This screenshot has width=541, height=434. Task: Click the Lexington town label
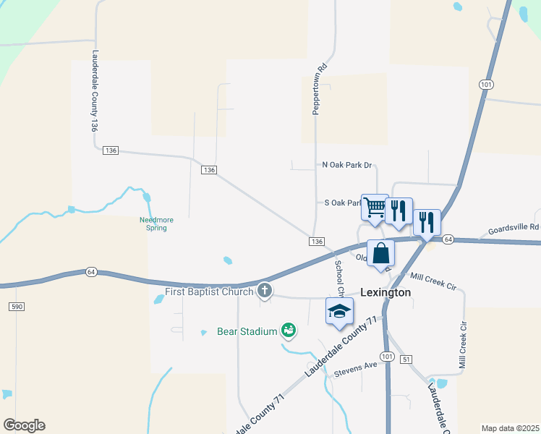(x=385, y=292)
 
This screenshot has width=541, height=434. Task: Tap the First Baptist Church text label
(x=209, y=292)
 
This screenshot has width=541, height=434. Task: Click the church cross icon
(x=265, y=292)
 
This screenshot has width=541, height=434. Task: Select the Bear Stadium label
(x=247, y=331)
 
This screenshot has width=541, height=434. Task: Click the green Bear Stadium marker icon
(x=289, y=331)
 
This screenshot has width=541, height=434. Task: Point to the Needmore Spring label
(x=153, y=224)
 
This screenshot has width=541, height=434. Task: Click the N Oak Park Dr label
(x=346, y=165)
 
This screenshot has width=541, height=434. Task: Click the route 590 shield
(x=17, y=307)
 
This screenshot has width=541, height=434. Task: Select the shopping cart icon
(x=375, y=207)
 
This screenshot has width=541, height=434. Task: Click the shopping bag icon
(x=380, y=254)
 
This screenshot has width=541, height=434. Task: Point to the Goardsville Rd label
(x=513, y=227)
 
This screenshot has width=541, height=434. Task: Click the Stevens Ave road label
(x=355, y=367)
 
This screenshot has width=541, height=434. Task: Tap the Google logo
(x=24, y=425)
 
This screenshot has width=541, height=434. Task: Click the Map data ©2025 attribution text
(x=510, y=428)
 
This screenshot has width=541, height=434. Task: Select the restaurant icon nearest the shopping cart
(x=399, y=211)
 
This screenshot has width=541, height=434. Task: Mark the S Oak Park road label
(x=342, y=203)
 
